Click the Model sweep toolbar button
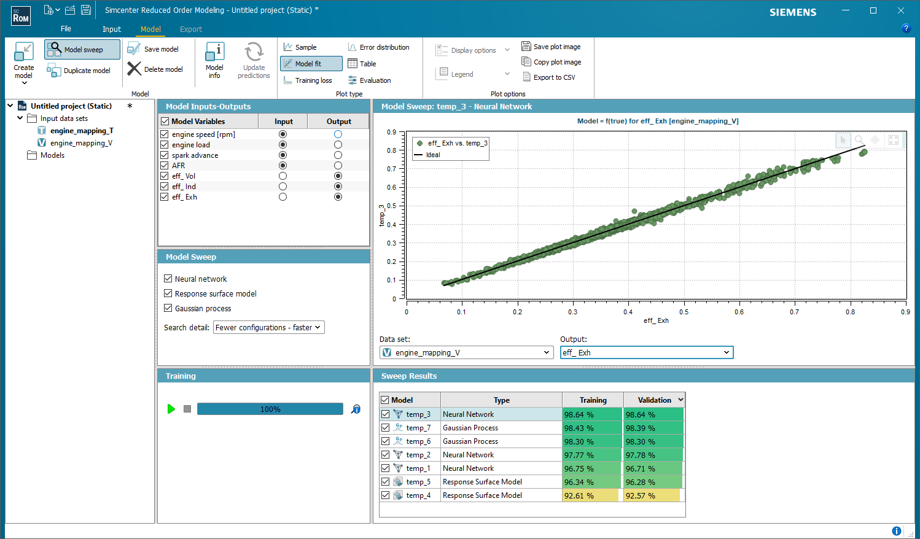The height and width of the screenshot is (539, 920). click(82, 50)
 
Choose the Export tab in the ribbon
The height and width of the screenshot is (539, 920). click(190, 29)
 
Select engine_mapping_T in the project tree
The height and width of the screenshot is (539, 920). click(82, 131)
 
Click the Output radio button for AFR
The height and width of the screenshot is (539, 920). click(338, 166)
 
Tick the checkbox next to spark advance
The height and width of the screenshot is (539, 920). click(165, 155)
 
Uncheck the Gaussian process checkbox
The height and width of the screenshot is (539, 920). click(168, 308)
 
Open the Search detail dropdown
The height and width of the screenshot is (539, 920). click(268, 328)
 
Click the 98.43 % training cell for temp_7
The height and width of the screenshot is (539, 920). click(591, 428)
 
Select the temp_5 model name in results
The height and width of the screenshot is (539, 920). click(418, 482)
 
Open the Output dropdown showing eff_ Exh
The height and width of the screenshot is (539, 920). click(646, 352)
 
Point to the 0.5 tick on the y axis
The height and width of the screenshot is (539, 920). click(391, 206)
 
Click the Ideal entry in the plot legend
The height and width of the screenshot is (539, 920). click(433, 155)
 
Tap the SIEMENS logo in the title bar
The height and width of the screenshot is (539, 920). click(793, 12)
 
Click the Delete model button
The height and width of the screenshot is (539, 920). click(155, 69)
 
